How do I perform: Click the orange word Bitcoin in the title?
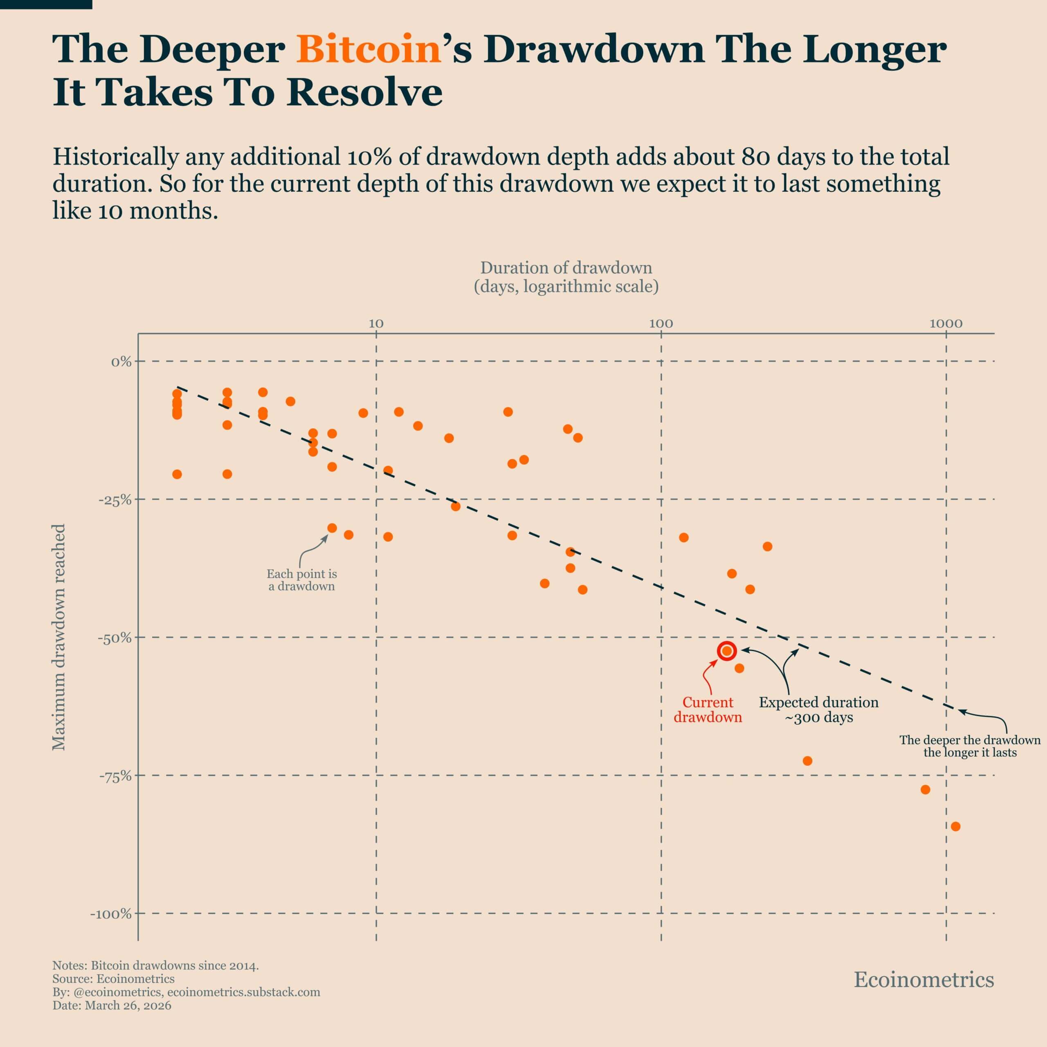pos(368,50)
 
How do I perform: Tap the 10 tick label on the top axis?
pos(376,324)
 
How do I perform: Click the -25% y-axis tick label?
pos(115,500)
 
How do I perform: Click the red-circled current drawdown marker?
pos(727,651)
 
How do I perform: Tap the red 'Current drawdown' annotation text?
pos(707,710)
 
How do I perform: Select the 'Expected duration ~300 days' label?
pos(818,710)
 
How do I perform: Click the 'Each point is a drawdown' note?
pos(301,580)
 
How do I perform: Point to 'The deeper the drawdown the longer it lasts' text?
pos(970,746)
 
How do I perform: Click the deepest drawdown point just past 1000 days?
pos(955,827)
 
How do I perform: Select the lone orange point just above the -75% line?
pos(807,761)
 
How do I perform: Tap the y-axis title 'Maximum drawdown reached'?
pos(58,637)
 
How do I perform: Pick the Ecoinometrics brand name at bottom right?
pos(923,980)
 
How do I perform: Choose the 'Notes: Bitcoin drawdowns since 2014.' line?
pos(155,966)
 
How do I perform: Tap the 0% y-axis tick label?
pos(121,362)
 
